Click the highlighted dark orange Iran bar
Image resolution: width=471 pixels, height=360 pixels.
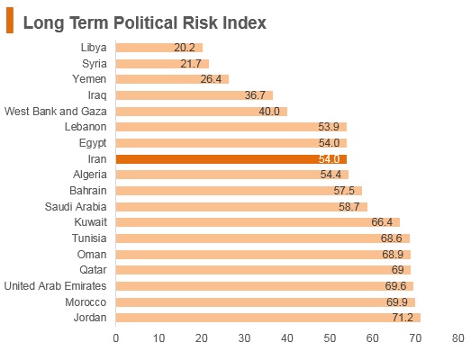[x=231, y=159]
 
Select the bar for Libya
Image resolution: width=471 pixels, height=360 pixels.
[x=159, y=48]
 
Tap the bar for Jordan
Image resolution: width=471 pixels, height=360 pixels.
[x=268, y=318]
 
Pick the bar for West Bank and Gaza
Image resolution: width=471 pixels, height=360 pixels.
[x=202, y=112]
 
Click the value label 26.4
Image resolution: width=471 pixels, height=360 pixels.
[x=211, y=79]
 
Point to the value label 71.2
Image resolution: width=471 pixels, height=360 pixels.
[x=403, y=318]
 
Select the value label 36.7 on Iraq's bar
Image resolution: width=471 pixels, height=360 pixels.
[x=255, y=95]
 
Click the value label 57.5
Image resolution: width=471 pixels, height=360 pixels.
[x=344, y=191]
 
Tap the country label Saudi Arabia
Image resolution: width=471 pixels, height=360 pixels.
[x=76, y=207]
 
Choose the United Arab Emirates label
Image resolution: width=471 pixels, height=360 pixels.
[x=55, y=286]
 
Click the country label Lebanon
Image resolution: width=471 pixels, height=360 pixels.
[x=86, y=127]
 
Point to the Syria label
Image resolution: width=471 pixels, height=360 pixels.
[x=95, y=64]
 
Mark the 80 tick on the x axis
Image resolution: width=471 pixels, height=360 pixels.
[x=457, y=338]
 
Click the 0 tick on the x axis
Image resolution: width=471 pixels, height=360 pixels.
[x=116, y=338]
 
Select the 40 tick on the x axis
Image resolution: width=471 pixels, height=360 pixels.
[x=287, y=338]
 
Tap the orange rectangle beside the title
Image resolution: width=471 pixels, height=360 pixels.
[x=10, y=20]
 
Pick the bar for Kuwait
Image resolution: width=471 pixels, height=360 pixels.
[x=258, y=222]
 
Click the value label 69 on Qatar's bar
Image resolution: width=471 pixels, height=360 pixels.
[x=397, y=270]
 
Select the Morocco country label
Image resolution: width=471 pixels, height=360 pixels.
[x=86, y=302]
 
